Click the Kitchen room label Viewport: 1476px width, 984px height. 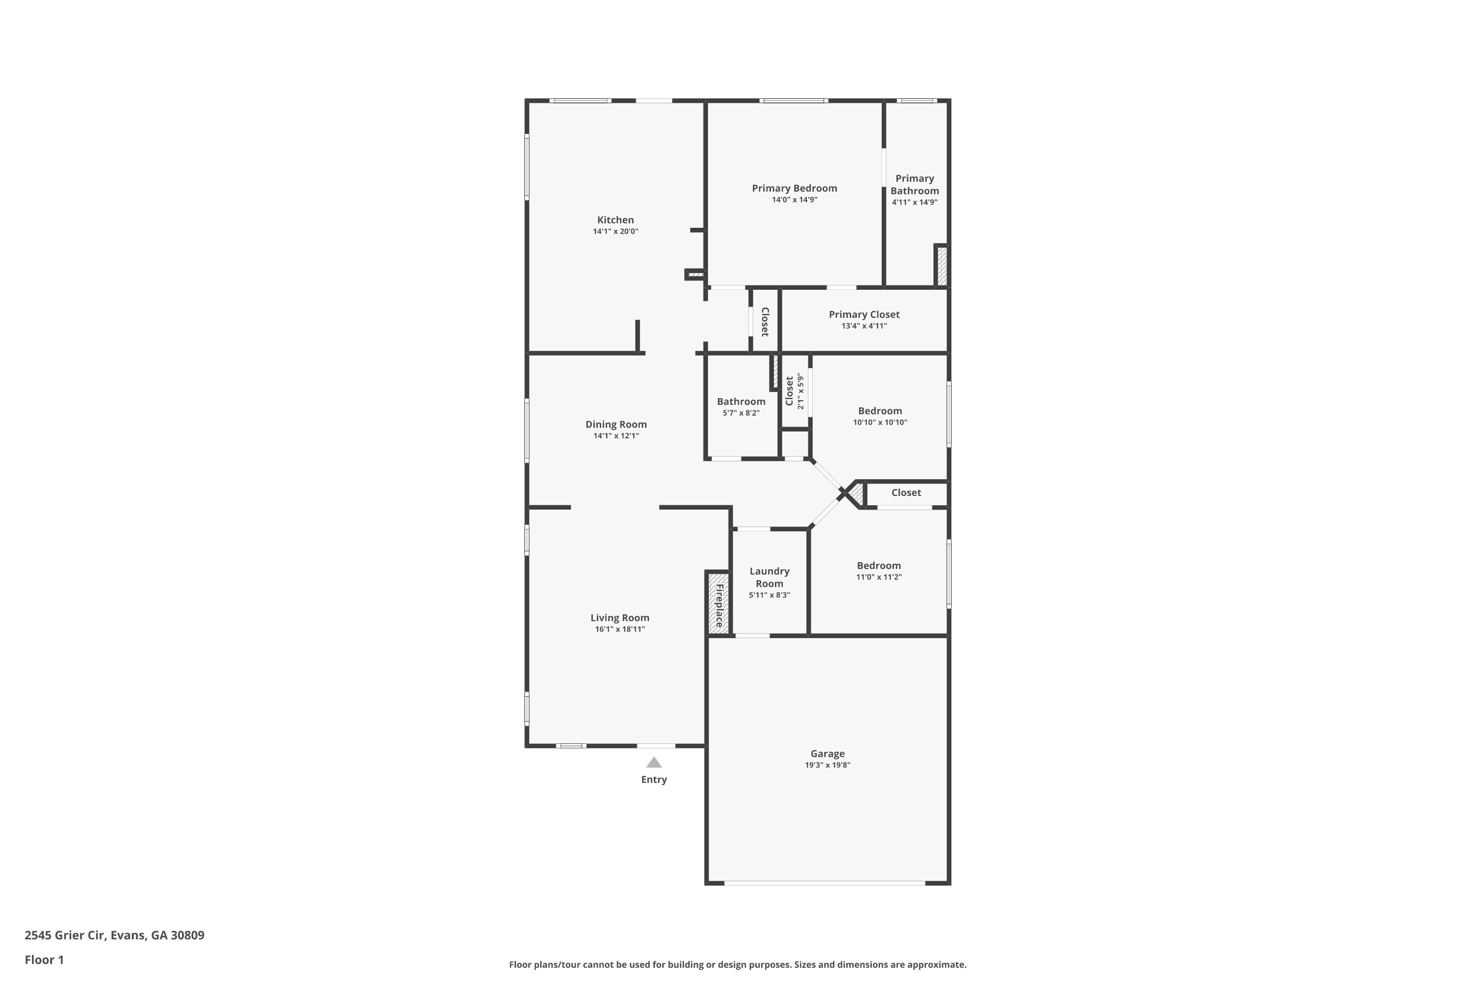click(x=615, y=219)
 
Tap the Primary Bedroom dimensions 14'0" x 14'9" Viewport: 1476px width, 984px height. click(x=795, y=200)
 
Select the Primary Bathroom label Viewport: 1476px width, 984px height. click(x=914, y=184)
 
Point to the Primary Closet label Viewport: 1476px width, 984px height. click(x=863, y=314)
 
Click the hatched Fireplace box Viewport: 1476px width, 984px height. click(x=718, y=602)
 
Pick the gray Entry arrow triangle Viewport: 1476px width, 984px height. click(x=654, y=763)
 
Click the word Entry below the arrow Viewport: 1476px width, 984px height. click(x=654, y=779)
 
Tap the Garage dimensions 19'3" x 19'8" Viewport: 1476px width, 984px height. click(x=827, y=765)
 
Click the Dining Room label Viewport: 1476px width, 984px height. click(x=615, y=424)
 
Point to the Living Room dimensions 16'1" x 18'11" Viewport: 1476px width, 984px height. click(x=619, y=629)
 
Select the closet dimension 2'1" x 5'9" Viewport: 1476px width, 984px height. click(x=800, y=392)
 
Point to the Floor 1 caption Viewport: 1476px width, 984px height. click(x=44, y=959)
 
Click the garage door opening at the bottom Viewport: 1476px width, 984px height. click(x=824, y=883)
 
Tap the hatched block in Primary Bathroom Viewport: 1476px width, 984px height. click(x=941, y=266)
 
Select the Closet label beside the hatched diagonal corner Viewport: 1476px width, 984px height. click(x=906, y=492)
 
